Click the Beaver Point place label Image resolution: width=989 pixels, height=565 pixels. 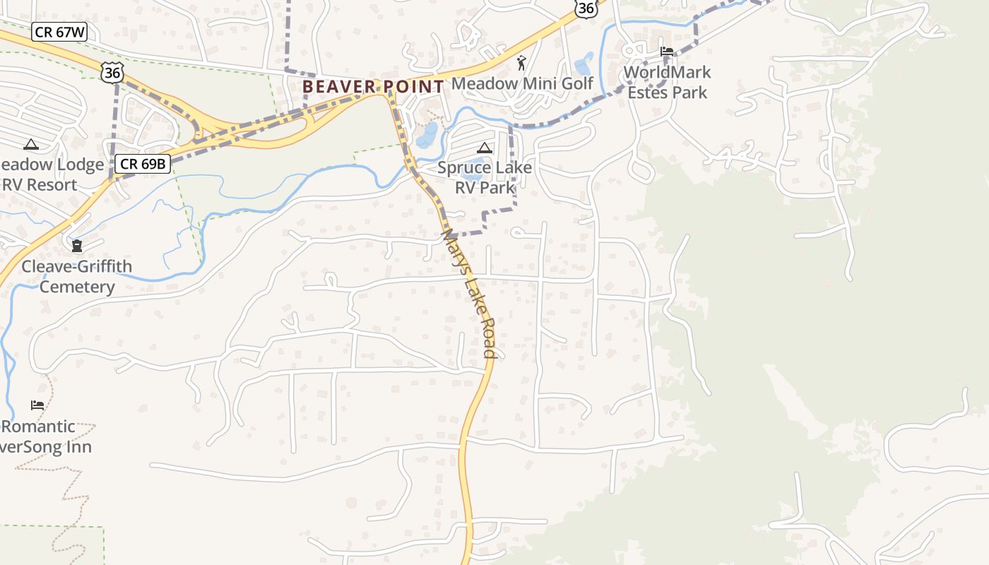373,87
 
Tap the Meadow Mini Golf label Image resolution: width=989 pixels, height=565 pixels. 522,83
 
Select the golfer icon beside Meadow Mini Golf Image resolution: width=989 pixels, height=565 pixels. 522,63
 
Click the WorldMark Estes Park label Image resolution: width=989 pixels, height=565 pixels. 667,82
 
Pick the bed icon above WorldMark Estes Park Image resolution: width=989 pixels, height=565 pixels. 667,51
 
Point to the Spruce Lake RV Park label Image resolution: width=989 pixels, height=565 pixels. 484,178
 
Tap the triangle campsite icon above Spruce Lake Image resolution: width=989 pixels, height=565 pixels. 484,148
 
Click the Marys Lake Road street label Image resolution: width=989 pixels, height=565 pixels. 469,293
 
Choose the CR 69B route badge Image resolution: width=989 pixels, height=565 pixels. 144,164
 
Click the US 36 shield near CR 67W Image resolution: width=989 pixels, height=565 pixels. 112,72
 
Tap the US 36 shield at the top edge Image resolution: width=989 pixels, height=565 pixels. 586,7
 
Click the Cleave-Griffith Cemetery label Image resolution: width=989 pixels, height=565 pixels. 76,276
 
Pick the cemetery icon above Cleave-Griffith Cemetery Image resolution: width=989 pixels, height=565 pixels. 76,246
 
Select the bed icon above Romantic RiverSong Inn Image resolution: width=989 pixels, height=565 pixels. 37,405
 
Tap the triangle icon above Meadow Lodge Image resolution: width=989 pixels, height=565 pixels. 30,145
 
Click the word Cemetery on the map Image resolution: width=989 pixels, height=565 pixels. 76,287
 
